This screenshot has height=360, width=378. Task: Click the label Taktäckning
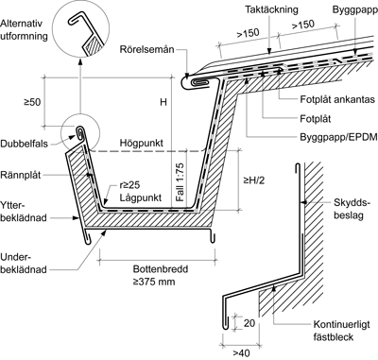(x=271, y=9)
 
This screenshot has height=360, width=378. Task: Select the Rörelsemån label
(x=146, y=50)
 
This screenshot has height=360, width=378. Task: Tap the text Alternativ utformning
(x=24, y=29)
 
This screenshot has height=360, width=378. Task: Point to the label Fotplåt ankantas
(x=337, y=99)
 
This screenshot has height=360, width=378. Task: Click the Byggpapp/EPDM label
(x=338, y=137)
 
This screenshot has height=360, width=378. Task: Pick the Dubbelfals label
(x=25, y=144)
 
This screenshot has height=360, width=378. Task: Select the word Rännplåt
(x=21, y=175)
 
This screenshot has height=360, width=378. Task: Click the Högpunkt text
(x=142, y=143)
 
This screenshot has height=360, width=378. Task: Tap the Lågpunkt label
(x=141, y=197)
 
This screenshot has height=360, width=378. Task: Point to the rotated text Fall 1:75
(x=180, y=181)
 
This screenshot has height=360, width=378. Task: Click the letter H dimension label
(x=163, y=102)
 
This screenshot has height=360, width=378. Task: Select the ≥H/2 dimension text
(x=254, y=180)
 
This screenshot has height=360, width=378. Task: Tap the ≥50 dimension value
(x=32, y=102)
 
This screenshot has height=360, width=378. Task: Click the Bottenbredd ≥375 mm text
(x=161, y=275)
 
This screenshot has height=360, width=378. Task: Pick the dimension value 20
(x=249, y=323)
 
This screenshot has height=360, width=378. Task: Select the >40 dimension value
(x=241, y=353)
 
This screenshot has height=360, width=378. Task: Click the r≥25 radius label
(x=129, y=185)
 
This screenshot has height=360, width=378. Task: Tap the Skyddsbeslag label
(x=351, y=209)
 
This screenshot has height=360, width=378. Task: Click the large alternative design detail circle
(x=80, y=29)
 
